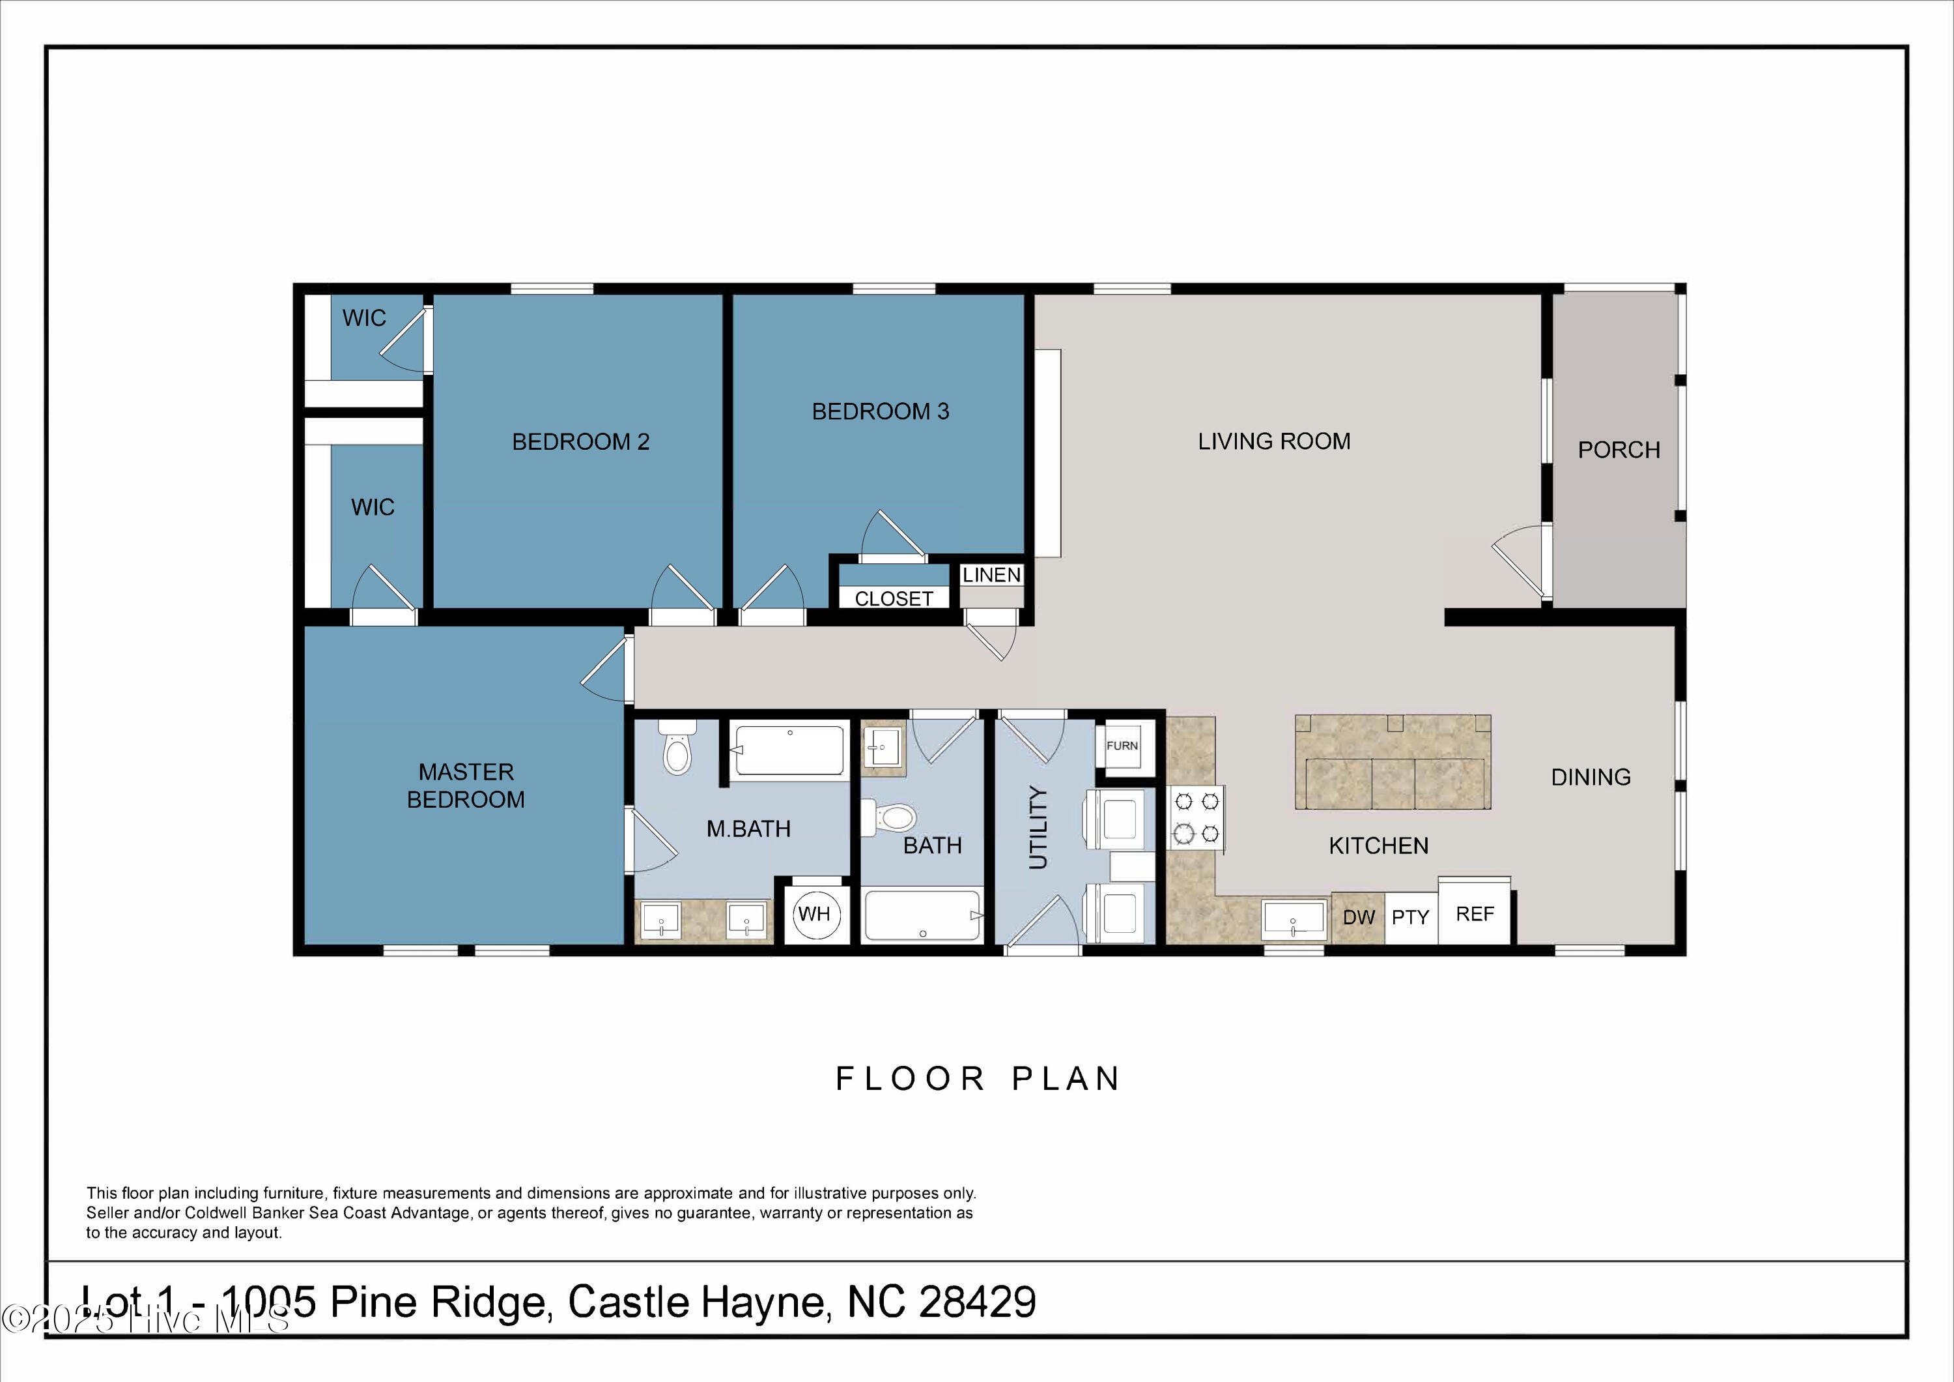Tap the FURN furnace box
coord(1122,746)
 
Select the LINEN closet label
coord(991,575)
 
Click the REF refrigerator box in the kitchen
coord(1475,914)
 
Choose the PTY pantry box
coord(1410,917)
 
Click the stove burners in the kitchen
coord(1196,817)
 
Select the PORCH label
coord(1619,450)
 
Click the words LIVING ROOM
coord(1274,441)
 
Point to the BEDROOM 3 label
coord(880,411)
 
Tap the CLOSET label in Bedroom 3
coord(894,598)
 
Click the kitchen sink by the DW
coord(1294,920)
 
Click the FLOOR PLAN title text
coord(978,1079)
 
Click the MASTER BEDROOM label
coord(466,785)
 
